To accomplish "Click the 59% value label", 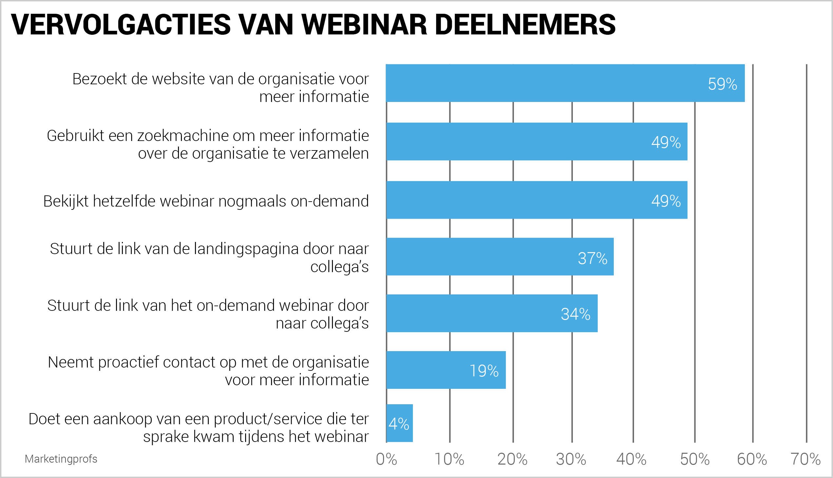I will tap(722, 84).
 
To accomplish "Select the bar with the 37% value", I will tap(500, 257).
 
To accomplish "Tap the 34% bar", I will tap(492, 313).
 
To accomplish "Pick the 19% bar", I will tap(446, 370).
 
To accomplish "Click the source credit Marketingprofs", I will tap(61, 459).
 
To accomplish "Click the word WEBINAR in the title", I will tap(364, 25).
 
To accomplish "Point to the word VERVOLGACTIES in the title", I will tap(121, 25).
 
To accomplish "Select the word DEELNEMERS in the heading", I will tap(525, 25).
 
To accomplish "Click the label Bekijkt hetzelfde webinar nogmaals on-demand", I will tap(206, 201).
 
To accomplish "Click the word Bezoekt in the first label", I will tap(100, 79).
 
